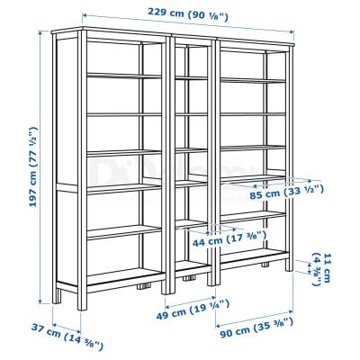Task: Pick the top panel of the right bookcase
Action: pos(256,39)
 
